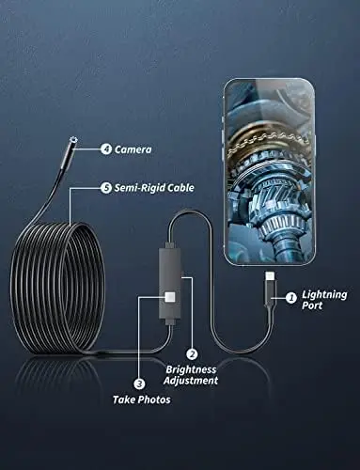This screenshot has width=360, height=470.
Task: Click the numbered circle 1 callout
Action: tap(291, 298)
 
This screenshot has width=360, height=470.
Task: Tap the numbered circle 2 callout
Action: tap(192, 354)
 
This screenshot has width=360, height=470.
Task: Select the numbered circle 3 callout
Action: tap(139, 383)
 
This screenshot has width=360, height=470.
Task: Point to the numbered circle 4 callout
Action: tap(106, 149)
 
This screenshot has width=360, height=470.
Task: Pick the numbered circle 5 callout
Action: tap(106, 187)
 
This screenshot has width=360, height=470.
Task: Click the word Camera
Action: tap(133, 149)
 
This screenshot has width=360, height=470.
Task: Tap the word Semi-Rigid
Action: tap(143, 187)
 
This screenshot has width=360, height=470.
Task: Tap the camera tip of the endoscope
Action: tap(73, 142)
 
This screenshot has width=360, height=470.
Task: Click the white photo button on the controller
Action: tap(169, 297)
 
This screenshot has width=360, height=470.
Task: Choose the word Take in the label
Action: tap(126, 399)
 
